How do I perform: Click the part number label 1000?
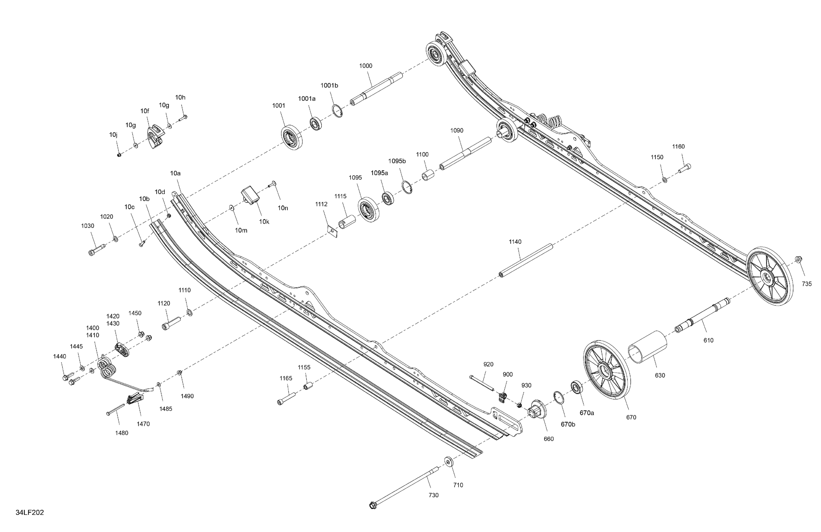coord(366,66)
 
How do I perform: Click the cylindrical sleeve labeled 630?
coord(647,347)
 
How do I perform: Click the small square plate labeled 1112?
coord(333,231)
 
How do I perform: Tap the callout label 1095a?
coord(379,173)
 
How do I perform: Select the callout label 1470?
coord(143,424)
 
